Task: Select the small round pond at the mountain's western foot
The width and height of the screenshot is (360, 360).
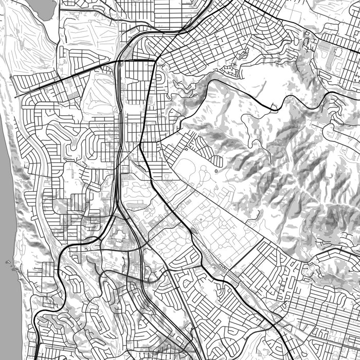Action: click(x=216, y=170)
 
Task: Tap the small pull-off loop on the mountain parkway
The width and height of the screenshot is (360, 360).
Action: click(x=274, y=109)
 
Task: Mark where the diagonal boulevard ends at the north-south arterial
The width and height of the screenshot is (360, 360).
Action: click(x=155, y=60)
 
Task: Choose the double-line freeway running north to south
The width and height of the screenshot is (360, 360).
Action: click(x=119, y=129)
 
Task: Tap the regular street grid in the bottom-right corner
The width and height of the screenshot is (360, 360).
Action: click(x=329, y=309)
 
